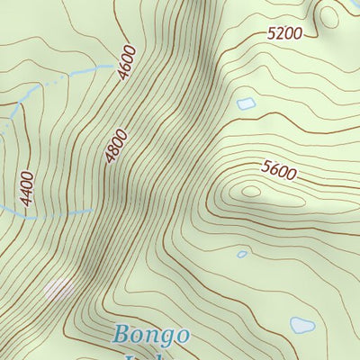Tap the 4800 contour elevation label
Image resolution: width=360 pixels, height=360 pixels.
point(117,147)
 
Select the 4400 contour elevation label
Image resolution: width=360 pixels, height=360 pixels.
point(27,189)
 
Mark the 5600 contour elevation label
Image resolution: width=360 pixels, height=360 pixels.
point(279,168)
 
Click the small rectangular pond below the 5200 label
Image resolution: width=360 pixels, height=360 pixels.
point(246,104)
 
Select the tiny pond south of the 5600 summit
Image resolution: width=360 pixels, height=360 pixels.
point(241,255)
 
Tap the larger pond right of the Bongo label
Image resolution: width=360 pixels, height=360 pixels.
point(302,325)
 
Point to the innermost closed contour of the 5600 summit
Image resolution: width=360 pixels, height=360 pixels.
point(249,192)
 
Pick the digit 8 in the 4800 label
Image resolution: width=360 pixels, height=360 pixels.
point(114,150)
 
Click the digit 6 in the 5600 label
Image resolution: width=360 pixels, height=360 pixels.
point(274,166)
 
